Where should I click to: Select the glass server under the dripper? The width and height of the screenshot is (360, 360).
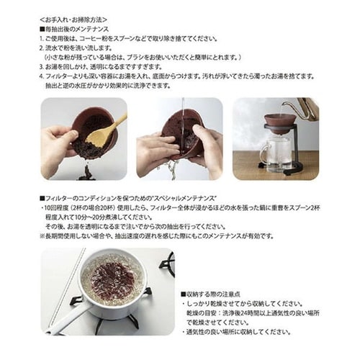click(277, 155)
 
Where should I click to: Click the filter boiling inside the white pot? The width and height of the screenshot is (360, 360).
click(112, 277)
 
